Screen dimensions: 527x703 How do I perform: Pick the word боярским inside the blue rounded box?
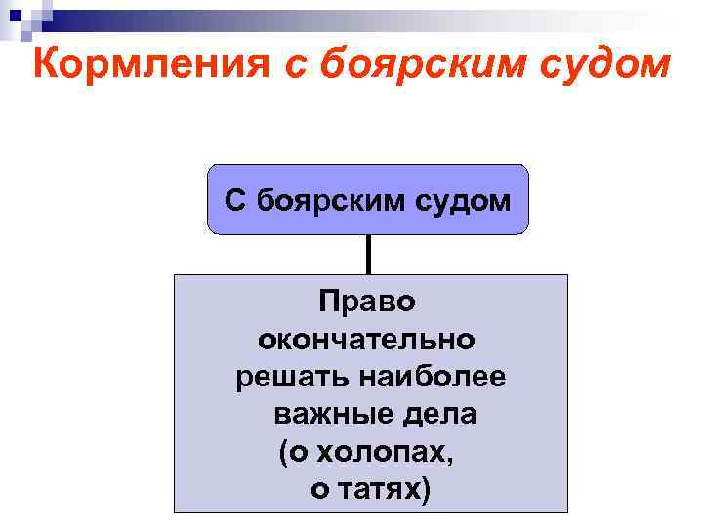coord(319,201)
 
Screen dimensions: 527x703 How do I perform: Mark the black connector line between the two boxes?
coord(368,255)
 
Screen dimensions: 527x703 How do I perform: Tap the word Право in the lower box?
coord(366,302)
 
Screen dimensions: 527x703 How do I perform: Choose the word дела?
coord(441,415)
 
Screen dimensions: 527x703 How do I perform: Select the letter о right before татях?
coord(319,490)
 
